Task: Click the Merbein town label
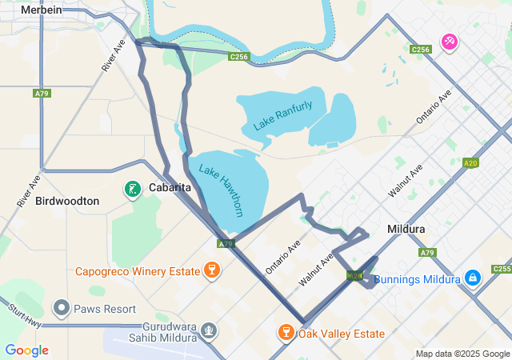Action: (x=42, y=9)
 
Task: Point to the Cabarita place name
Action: (x=170, y=188)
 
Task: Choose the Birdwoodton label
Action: (x=68, y=201)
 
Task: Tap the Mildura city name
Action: (x=406, y=229)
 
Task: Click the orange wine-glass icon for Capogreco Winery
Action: (x=212, y=269)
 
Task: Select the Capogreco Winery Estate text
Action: (x=138, y=271)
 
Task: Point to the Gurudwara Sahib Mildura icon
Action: (x=209, y=330)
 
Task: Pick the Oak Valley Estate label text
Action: (x=342, y=334)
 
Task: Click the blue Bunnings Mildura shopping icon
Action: (x=473, y=277)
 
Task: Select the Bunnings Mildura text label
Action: (x=417, y=279)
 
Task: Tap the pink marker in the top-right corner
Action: (x=450, y=41)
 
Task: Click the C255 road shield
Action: (x=502, y=269)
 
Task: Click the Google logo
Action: (x=26, y=350)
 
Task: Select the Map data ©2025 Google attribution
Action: (x=462, y=354)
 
